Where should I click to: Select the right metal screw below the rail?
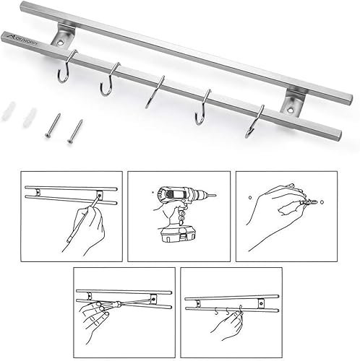click(x=74, y=131)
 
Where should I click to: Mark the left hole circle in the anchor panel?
click(x=249, y=196)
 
